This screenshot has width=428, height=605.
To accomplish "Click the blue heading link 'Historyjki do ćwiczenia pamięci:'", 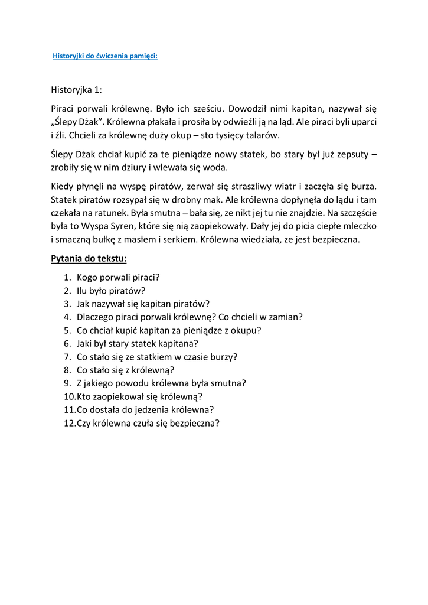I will click(105, 56).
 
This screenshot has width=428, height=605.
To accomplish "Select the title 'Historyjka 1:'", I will click(76, 90).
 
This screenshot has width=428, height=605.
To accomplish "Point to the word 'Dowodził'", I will click(249, 108).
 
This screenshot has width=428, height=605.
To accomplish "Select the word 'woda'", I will click(214, 167).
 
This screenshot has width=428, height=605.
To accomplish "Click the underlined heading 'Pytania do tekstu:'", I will click(89, 259).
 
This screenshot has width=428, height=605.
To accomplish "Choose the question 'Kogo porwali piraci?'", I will click(118, 277).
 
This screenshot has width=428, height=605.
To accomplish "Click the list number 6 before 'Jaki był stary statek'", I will click(68, 343).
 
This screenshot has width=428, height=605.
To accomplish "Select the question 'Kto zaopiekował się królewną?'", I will click(139, 396).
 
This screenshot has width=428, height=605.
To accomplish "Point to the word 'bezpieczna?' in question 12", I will click(195, 423).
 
